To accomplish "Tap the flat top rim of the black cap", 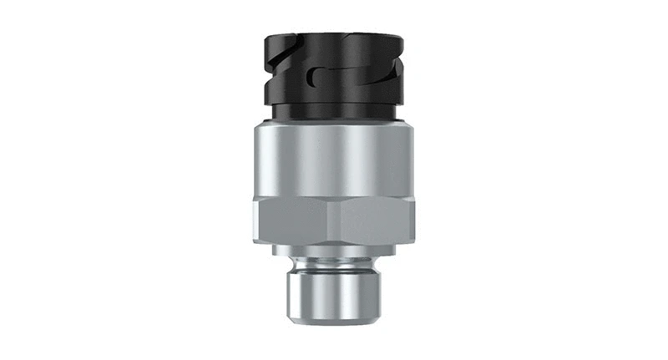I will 334,37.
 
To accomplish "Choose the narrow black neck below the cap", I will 334,113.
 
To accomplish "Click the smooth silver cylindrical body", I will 334,159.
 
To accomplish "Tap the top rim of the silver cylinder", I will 334,124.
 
